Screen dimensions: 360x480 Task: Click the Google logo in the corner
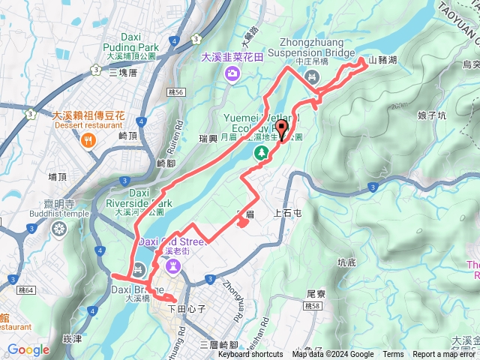tap(28, 349)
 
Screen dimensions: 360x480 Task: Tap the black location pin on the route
tap(282, 130)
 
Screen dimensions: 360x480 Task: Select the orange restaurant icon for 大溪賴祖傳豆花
tap(89, 139)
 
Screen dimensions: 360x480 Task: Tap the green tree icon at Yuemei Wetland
tap(262, 152)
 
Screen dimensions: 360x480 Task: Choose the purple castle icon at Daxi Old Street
tap(172, 265)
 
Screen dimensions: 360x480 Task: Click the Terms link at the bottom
tap(393, 355)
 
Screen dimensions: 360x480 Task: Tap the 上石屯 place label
tap(288, 212)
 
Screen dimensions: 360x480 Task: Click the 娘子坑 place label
tap(431, 115)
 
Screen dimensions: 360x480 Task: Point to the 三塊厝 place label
tap(123, 73)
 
